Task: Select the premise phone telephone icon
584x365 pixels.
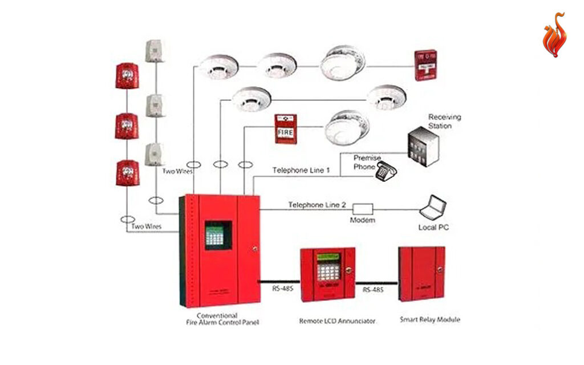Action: click(386, 170)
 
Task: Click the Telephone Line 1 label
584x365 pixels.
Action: click(301, 170)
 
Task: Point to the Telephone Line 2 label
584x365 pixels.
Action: click(317, 204)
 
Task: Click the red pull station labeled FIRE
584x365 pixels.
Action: click(285, 129)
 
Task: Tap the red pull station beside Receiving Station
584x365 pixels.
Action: click(425, 65)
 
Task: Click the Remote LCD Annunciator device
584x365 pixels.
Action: click(327, 274)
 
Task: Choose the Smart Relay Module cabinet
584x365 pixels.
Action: click(421, 274)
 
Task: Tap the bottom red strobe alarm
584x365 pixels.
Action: click(127, 172)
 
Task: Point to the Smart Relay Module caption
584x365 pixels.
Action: click(430, 320)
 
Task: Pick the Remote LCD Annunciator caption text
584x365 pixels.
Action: click(337, 321)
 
